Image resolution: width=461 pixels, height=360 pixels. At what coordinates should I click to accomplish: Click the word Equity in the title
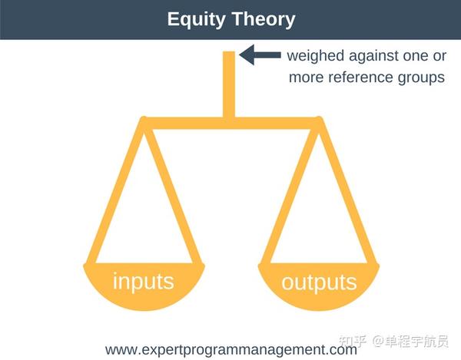click(196, 20)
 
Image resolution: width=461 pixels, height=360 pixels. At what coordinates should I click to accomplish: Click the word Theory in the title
click(263, 19)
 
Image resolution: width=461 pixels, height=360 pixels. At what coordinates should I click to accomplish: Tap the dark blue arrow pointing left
click(260, 55)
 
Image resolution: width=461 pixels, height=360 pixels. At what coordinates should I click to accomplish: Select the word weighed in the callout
click(316, 56)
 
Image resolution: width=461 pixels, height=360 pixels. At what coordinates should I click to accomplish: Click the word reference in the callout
click(360, 78)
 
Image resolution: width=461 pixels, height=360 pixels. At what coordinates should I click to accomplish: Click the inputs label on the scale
click(144, 282)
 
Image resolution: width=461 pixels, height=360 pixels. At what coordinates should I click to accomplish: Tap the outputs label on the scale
click(319, 282)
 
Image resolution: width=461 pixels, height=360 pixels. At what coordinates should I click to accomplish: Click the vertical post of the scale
click(229, 85)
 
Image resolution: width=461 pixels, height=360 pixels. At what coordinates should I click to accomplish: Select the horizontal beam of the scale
click(231, 124)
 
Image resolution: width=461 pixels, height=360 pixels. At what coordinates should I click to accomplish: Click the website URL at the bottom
click(231, 350)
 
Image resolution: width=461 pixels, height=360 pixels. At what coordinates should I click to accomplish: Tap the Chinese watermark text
click(393, 341)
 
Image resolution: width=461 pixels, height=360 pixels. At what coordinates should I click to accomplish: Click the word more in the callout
click(306, 78)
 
